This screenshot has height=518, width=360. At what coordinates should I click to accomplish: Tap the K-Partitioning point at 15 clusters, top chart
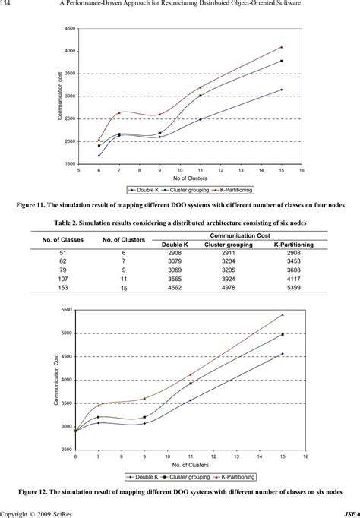tap(281, 47)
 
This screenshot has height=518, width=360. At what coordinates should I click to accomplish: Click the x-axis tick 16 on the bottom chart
tap(305, 456)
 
